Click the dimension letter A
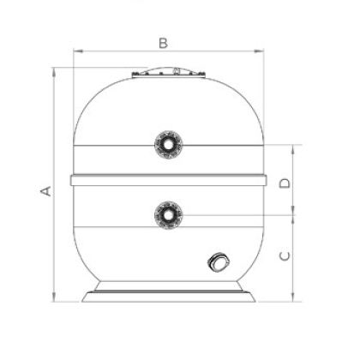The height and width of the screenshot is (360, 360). (x=46, y=191)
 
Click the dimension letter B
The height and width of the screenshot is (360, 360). (x=163, y=43)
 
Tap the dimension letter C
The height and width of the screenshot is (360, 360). (x=285, y=256)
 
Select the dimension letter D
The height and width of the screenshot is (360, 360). (x=285, y=183)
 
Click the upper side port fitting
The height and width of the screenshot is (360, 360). (x=169, y=145)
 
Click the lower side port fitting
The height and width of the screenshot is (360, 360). (x=169, y=215)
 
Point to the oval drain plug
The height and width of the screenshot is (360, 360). (x=219, y=262)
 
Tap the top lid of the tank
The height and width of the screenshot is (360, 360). (x=169, y=73)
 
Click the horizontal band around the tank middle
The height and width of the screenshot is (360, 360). (x=169, y=180)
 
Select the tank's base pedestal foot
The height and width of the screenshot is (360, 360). (x=169, y=291)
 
